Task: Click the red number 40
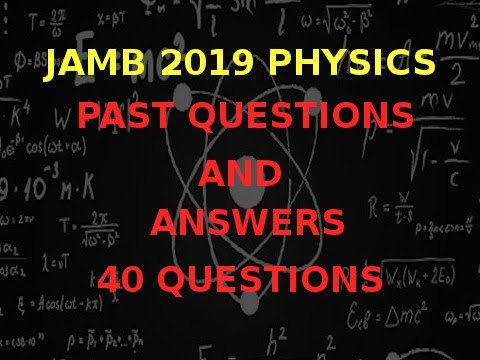[x=128, y=276]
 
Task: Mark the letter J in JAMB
[x=50, y=67]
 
